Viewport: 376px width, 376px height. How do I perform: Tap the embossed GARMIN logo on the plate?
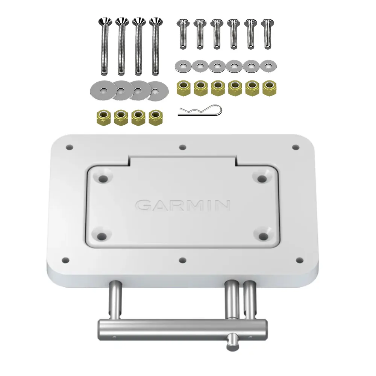pyautogui.click(x=183, y=205)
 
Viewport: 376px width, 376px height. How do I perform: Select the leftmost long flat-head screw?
pyautogui.click(x=104, y=45)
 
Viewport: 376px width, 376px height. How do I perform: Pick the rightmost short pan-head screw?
pyautogui.click(x=267, y=34)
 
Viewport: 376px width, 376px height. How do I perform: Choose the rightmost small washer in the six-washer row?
pyautogui.click(x=268, y=66)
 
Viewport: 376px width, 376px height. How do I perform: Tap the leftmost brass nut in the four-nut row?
pyautogui.click(x=103, y=117)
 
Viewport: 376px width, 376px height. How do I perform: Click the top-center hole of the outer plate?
pyautogui.click(x=183, y=147)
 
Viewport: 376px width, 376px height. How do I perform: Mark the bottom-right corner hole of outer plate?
pyautogui.click(x=300, y=259)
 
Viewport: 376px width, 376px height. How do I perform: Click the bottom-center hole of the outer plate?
pyautogui.click(x=183, y=260)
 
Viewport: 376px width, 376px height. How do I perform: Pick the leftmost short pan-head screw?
pyautogui.click(x=183, y=34)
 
